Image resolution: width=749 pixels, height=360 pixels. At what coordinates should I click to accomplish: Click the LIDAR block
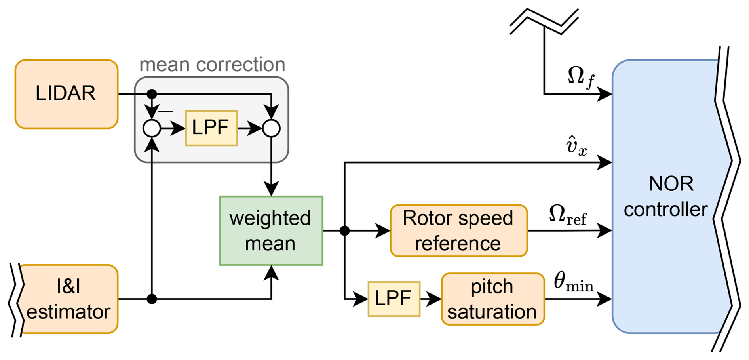[x=67, y=94]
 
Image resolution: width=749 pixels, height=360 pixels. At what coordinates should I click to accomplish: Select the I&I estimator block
[x=68, y=299]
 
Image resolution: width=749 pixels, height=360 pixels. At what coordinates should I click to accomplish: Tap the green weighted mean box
[x=271, y=230]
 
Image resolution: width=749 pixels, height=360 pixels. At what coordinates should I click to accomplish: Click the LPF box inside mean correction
[x=211, y=128]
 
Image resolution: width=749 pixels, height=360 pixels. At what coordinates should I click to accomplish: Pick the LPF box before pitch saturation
[x=394, y=299]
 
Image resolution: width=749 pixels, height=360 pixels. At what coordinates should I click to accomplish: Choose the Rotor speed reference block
[x=458, y=230]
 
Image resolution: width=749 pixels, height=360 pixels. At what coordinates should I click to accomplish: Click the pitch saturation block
[x=492, y=299]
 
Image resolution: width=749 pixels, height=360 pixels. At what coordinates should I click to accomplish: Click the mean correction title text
[x=212, y=65]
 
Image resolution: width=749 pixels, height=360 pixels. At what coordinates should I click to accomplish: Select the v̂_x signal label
[x=576, y=146]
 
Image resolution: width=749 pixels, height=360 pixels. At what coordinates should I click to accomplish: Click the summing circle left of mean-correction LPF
[x=152, y=128]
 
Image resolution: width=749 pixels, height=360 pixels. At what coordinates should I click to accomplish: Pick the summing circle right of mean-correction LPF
[x=271, y=128]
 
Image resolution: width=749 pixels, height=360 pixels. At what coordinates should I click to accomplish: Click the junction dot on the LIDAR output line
[x=152, y=94]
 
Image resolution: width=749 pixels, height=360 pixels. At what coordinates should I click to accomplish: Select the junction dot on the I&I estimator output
[x=152, y=299]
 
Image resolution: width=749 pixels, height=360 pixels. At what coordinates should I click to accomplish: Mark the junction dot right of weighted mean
[x=344, y=230]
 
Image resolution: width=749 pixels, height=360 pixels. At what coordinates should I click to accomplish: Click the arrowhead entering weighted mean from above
[x=271, y=189]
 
